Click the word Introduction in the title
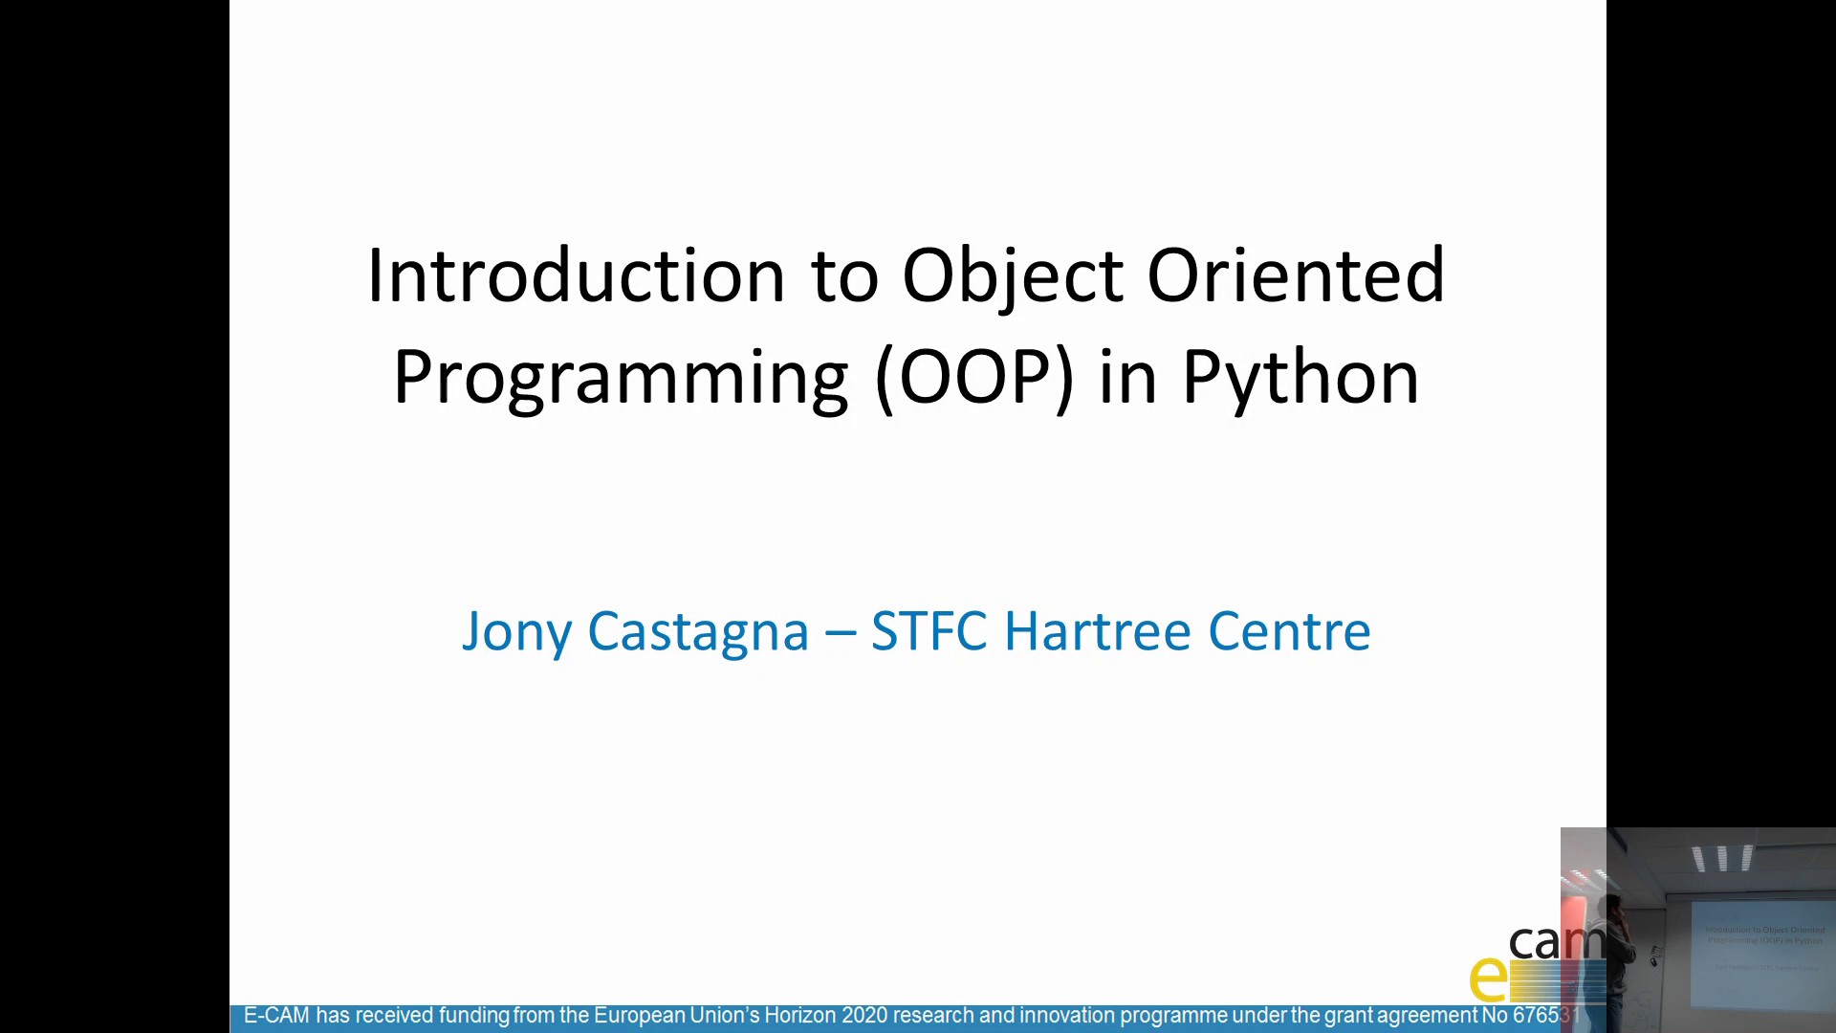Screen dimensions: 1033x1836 pyautogui.click(x=576, y=275)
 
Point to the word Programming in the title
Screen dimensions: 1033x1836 pyautogui.click(x=621, y=379)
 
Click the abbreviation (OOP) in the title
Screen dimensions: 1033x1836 pyautogui.click(x=974, y=377)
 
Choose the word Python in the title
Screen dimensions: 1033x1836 pyautogui.click(x=1300, y=379)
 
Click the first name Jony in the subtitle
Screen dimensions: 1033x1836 pyautogui.click(x=516, y=632)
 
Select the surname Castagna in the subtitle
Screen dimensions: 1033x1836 pyautogui.click(x=698, y=632)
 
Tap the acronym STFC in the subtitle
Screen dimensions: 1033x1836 pyautogui.click(x=929, y=631)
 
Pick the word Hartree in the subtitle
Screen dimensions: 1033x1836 pyautogui.click(x=1099, y=631)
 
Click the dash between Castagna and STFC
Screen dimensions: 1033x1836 pyautogui.click(x=840, y=632)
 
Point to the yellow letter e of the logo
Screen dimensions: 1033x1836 pyautogui.click(x=1488, y=978)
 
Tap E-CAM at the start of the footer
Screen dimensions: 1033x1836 pyautogui.click(x=276, y=1016)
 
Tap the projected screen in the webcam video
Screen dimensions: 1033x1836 pyautogui.click(x=1763, y=952)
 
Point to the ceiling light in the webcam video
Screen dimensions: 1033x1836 pyautogui.click(x=1722, y=857)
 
